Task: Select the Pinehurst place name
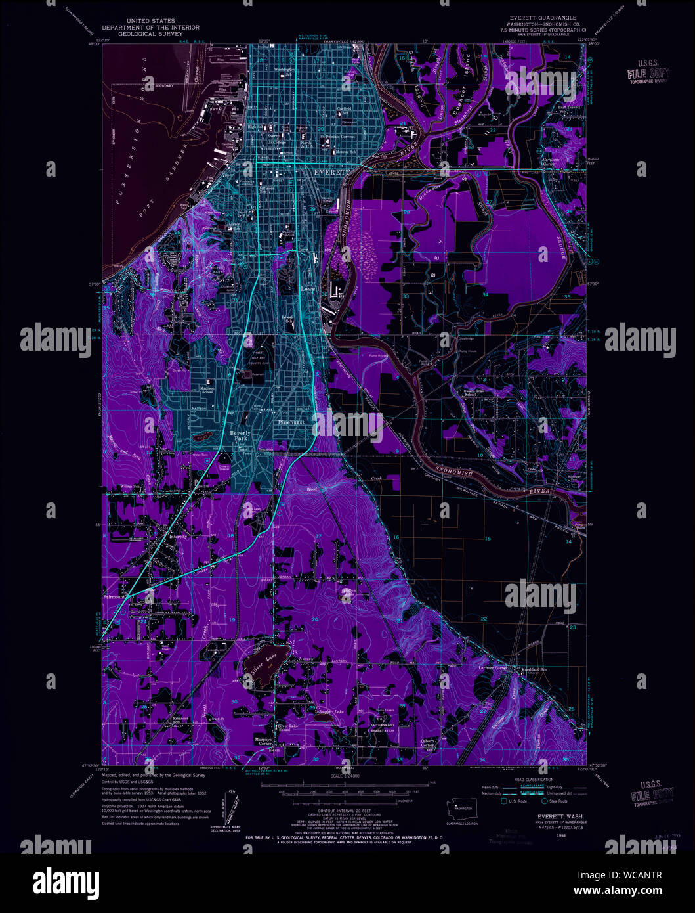(x=291, y=422)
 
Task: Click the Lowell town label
(x=308, y=289)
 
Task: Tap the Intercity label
(x=178, y=537)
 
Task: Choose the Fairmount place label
(x=114, y=597)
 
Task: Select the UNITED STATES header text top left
(x=150, y=21)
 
